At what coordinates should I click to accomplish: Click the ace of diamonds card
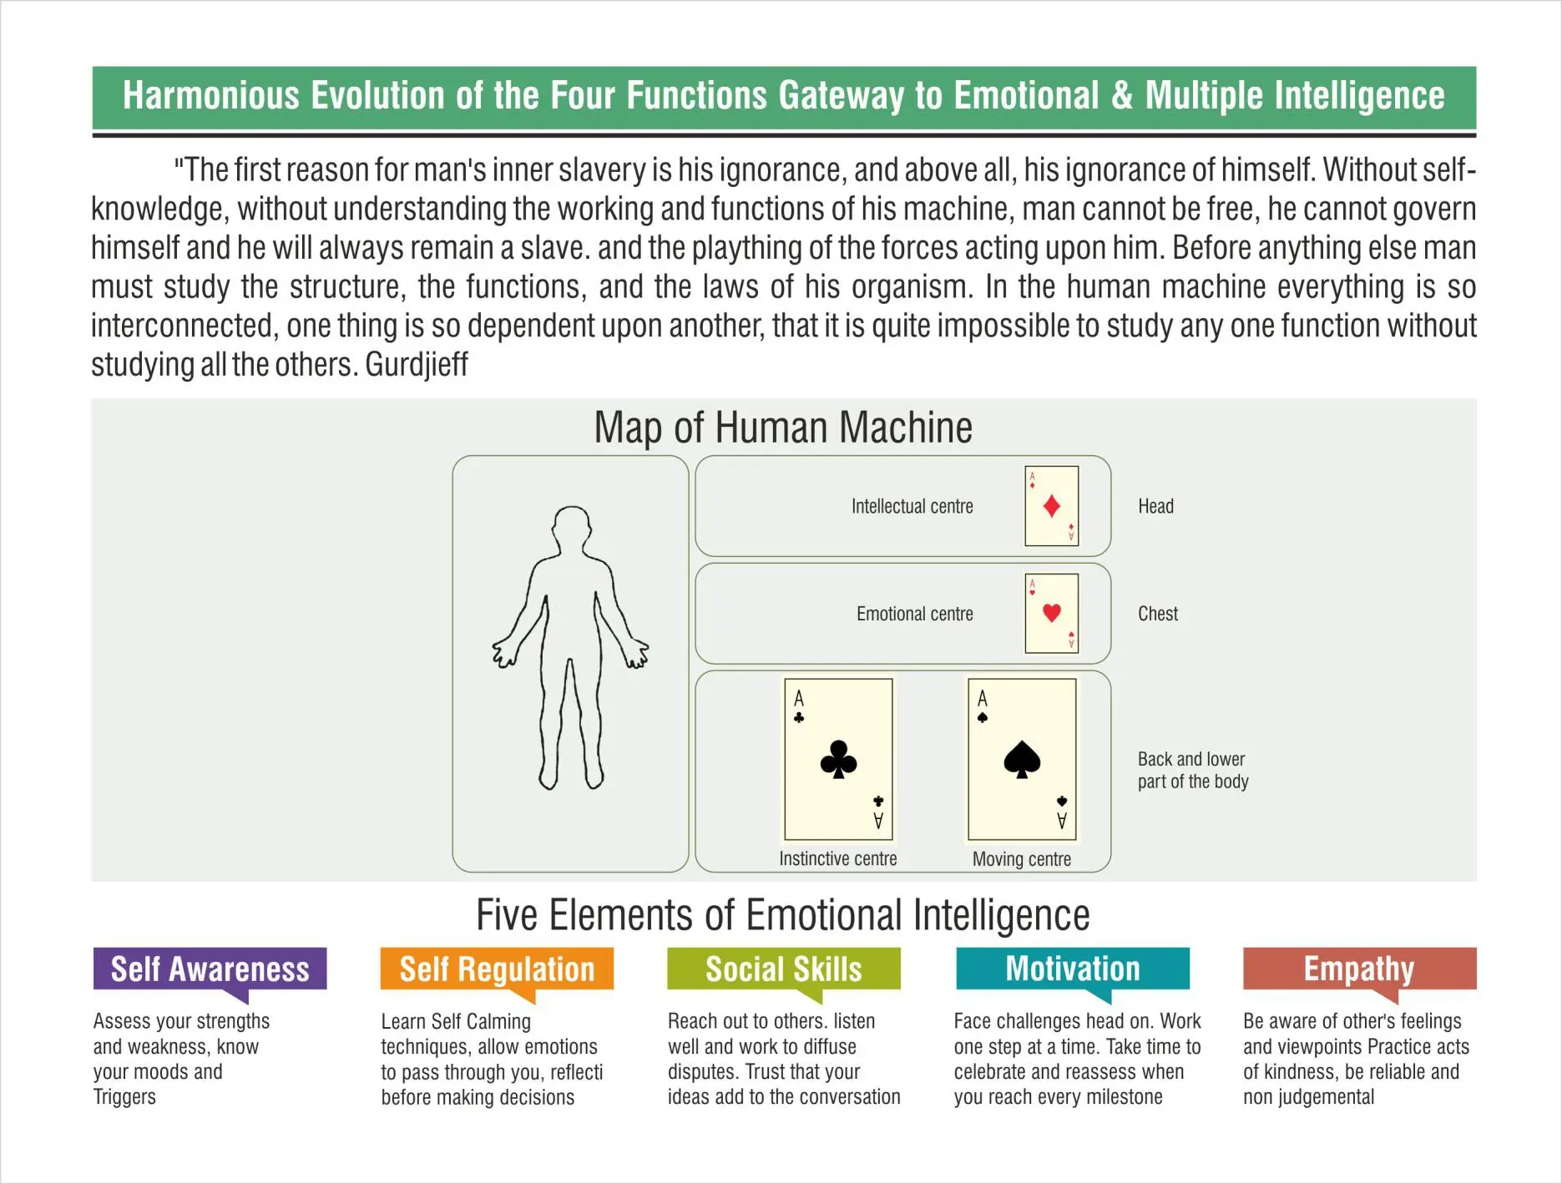point(1051,506)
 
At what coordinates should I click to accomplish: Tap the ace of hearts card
point(1051,613)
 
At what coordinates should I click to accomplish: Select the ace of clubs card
point(838,759)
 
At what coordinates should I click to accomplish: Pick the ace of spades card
point(1022,759)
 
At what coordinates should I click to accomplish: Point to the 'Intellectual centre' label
point(912,507)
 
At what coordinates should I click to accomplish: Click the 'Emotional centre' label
point(914,615)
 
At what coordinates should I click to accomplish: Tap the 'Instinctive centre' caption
point(837,859)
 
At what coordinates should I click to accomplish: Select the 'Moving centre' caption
point(1021,859)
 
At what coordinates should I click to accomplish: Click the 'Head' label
point(1155,507)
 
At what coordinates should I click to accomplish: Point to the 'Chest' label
point(1157,615)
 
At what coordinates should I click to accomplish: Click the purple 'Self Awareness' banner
point(210,969)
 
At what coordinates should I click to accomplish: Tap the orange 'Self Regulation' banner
point(497,969)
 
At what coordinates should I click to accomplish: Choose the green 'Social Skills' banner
point(783,969)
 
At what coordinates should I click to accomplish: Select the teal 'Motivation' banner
point(1072,969)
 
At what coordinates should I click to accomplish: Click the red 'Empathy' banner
point(1358,969)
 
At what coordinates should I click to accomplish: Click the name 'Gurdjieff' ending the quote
point(417,365)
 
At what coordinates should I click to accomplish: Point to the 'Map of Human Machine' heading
point(782,428)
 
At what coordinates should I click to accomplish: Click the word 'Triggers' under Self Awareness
point(124,1097)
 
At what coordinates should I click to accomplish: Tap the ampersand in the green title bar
point(1121,96)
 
